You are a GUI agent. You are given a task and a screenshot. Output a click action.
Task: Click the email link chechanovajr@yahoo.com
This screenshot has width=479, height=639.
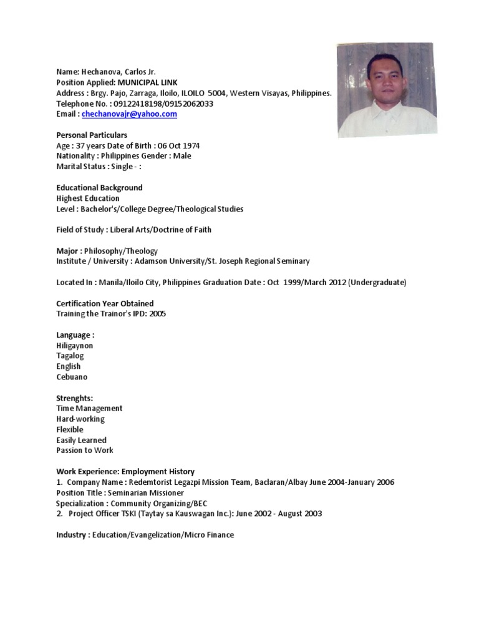[129, 114]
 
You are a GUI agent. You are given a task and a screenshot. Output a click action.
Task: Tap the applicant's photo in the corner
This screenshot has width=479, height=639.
[386, 90]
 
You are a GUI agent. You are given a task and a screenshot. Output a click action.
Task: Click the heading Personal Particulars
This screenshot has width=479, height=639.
[92, 135]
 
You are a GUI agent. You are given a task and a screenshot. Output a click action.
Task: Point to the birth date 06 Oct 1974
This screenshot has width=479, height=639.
[179, 145]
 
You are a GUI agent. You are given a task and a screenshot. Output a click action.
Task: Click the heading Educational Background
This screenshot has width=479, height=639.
[99, 187]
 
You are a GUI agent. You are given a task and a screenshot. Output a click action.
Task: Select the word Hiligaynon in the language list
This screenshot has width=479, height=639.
[74, 345]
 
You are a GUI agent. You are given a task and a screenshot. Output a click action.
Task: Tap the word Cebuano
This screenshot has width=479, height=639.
[72, 377]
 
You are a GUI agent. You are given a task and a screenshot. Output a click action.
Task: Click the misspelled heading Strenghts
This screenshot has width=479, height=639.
[74, 398]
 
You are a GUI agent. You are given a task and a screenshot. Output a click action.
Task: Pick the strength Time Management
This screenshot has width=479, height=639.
[89, 408]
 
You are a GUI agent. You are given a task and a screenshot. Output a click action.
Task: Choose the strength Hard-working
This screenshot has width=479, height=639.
[80, 419]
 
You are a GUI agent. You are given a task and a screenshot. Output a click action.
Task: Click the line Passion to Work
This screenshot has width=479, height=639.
[85, 450]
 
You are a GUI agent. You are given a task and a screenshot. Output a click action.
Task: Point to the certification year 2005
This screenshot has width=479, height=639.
[157, 314]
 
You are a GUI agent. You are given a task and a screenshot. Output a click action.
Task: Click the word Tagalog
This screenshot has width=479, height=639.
[70, 356]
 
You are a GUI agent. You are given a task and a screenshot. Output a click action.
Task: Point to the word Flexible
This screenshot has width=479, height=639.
[70, 429]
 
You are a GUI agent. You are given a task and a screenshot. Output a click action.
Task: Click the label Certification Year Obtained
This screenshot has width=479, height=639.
[105, 303]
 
